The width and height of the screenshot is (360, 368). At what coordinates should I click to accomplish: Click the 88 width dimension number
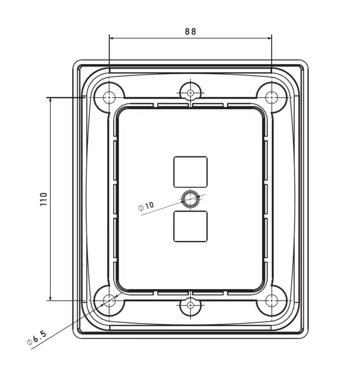(x=190, y=31)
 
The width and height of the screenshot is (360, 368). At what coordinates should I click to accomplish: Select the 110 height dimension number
(x=44, y=199)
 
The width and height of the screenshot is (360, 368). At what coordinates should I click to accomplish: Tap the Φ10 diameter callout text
(x=146, y=206)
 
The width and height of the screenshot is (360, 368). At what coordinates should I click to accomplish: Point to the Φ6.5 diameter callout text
(x=37, y=338)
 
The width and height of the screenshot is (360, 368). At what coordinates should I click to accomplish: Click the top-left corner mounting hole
(x=109, y=97)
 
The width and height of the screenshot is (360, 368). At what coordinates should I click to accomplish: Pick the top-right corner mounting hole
(x=272, y=97)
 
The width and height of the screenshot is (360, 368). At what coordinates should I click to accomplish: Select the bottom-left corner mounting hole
(x=109, y=300)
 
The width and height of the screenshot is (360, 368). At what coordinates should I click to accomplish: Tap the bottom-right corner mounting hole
(x=272, y=300)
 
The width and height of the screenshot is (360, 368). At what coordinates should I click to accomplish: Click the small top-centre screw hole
(x=190, y=93)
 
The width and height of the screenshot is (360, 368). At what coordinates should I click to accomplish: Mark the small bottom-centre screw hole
(x=190, y=305)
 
